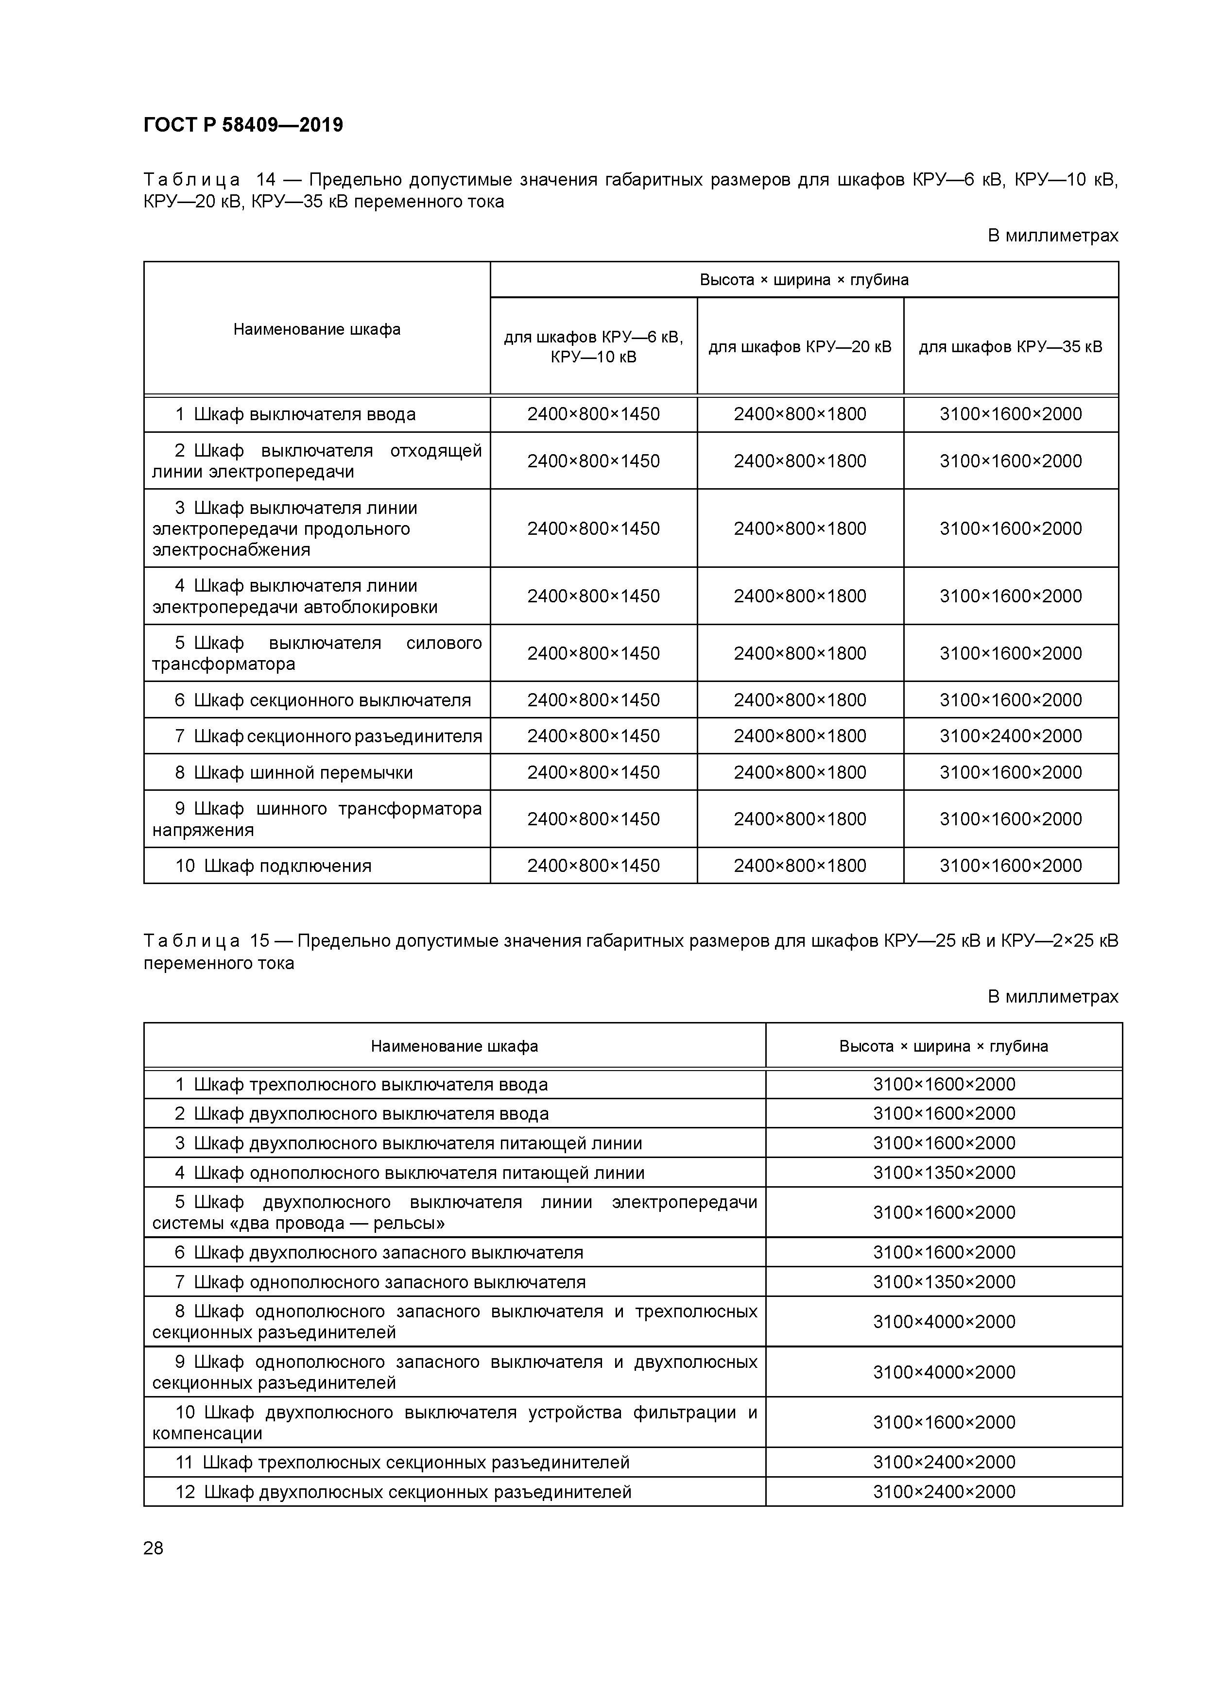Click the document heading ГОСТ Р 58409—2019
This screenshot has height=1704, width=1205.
click(x=243, y=125)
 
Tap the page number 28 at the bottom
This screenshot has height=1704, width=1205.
click(x=153, y=1548)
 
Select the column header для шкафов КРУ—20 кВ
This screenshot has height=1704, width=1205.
click(x=800, y=347)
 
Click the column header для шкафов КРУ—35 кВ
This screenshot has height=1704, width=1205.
click(x=1011, y=347)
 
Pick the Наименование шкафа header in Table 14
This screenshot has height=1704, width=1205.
click(x=317, y=329)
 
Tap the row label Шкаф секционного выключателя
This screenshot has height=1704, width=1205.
click(x=332, y=700)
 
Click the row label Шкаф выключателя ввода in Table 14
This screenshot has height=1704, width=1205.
click(x=304, y=414)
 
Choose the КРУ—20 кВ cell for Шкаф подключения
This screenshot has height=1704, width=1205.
click(x=800, y=866)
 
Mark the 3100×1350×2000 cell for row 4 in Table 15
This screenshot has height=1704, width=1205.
click(x=944, y=1173)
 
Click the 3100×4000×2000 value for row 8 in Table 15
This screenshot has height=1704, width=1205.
click(x=944, y=1322)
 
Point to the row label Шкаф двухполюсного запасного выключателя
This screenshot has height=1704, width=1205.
click(x=388, y=1253)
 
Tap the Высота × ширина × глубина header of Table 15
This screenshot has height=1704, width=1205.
click(x=944, y=1046)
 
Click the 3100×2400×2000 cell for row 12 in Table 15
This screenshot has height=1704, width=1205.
click(x=944, y=1492)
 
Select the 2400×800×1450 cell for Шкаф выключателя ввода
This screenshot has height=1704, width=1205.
click(x=593, y=414)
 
